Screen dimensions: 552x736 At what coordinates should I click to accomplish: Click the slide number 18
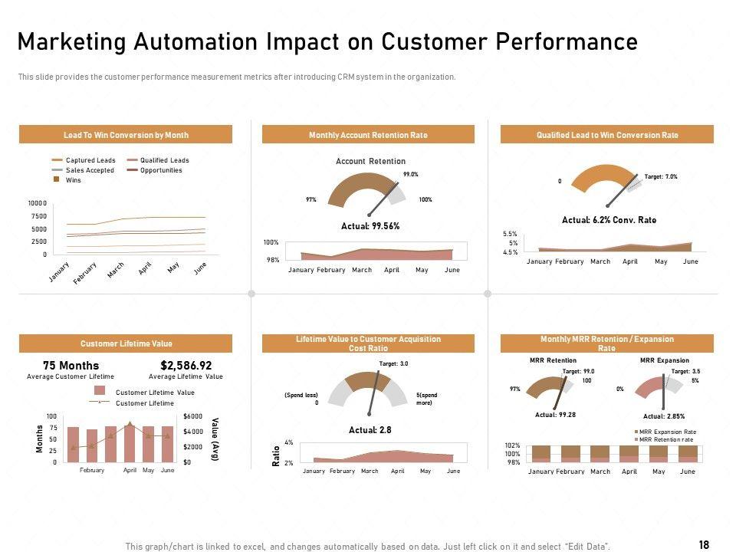pos(704,544)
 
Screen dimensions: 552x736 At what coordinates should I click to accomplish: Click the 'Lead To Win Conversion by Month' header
pos(126,135)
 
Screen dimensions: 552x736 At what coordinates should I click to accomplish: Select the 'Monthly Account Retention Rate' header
pos(368,135)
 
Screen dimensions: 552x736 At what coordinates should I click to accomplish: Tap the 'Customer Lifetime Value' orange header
pos(126,344)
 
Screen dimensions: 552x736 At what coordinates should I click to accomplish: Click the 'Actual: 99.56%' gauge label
pos(370,226)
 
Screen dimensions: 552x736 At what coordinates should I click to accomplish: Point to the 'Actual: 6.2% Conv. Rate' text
pos(609,220)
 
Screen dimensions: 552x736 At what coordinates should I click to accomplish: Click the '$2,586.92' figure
pos(186,366)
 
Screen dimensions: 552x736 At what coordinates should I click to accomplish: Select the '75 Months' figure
pos(71,366)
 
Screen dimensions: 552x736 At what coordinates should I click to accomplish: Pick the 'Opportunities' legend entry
pos(160,170)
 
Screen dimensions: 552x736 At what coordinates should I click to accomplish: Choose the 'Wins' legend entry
pos(74,180)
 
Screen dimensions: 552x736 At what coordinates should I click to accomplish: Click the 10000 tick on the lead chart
pos(38,203)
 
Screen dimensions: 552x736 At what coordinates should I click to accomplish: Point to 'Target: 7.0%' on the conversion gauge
pos(661,177)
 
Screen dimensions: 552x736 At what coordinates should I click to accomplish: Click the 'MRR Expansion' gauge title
pos(664,360)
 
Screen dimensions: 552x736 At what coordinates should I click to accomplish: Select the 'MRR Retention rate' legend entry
pos(667,439)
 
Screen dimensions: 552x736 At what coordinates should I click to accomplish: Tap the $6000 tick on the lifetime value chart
pos(193,416)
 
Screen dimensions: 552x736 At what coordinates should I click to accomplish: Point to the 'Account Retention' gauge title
pos(370,162)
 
